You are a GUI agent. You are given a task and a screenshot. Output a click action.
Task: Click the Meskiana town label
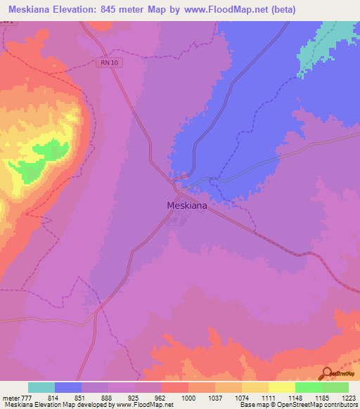[x=186, y=206]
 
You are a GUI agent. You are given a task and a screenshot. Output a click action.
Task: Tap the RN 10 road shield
[x=105, y=63]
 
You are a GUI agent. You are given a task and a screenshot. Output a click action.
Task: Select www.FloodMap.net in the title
[x=223, y=10]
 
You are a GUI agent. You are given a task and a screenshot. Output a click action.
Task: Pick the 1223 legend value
[x=347, y=398]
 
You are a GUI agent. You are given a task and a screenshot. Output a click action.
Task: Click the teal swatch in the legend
[x=41, y=387]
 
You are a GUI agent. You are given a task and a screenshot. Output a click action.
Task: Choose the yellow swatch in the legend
[x=282, y=387]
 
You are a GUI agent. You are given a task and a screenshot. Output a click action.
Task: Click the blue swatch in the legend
[x=68, y=387]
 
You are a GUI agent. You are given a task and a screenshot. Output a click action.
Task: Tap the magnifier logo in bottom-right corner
[x=328, y=372]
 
